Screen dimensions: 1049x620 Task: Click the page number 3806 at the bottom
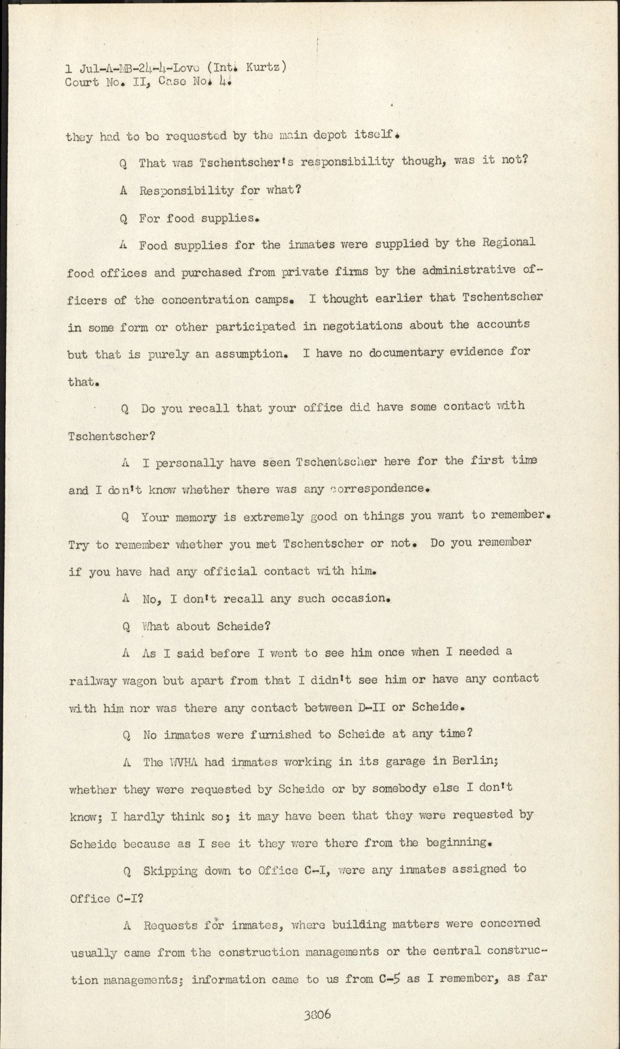[x=317, y=1014]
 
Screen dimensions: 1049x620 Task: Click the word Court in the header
[x=82, y=83]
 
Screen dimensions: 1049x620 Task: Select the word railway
[x=92, y=681]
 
